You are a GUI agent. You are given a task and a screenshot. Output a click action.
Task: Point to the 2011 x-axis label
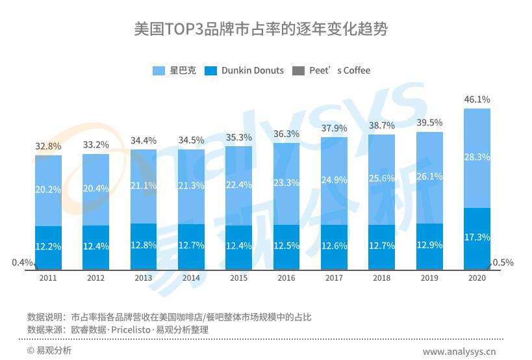pos(47,278)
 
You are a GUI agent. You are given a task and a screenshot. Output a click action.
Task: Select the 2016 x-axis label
pos(286,278)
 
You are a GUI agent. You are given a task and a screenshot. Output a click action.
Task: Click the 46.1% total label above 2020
pos(477,99)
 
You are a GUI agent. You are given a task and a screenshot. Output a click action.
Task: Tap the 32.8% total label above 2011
pos(48,146)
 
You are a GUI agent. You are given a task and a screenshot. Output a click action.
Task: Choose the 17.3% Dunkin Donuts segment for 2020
pos(477,237)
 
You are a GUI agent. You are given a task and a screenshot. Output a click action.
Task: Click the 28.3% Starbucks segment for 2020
pos(477,157)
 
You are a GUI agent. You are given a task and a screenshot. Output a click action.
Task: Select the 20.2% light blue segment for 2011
pos(48,190)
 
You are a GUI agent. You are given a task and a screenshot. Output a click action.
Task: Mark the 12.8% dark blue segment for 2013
pos(144,246)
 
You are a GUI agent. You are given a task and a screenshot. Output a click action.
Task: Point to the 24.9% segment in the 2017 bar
pos(334,180)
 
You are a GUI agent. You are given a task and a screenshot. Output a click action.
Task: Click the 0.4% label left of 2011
pos(21,263)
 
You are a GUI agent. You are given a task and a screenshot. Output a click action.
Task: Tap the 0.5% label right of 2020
pos(503,263)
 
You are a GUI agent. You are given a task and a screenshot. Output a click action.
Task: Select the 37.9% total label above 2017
pos(334,128)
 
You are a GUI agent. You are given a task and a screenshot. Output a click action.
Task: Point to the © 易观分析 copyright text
pos(49,351)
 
